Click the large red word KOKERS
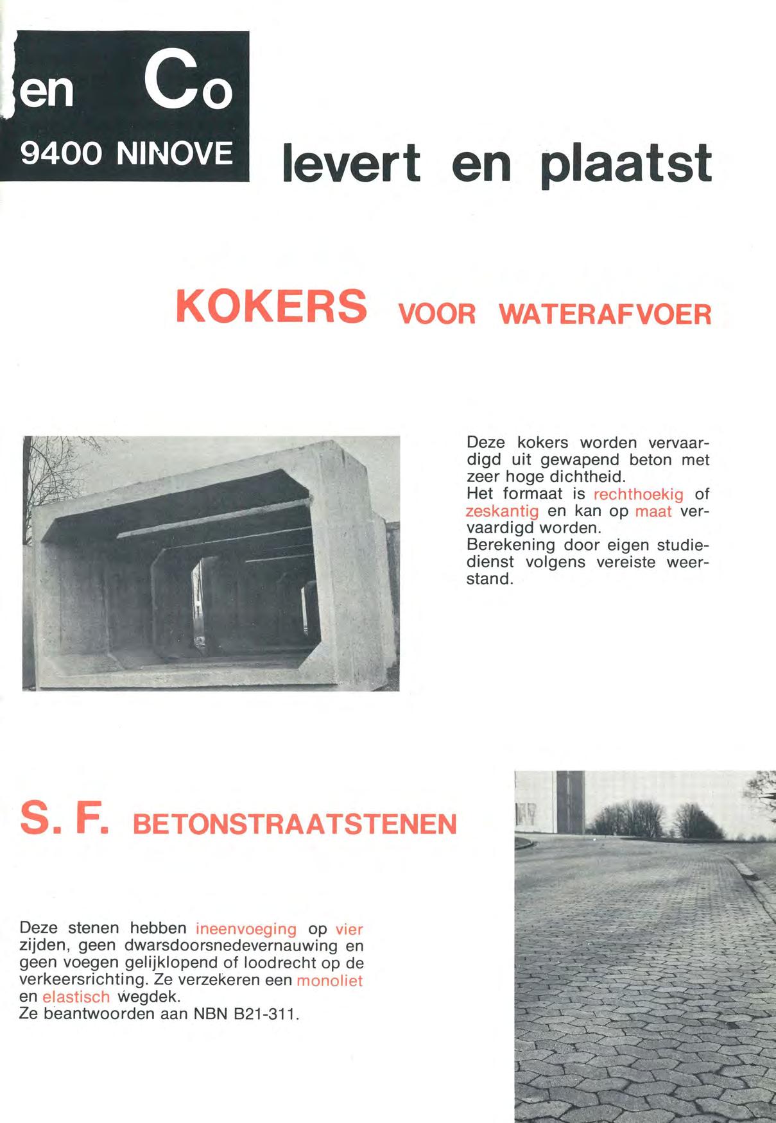(272, 307)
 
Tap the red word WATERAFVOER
(605, 314)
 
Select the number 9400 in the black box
(62, 154)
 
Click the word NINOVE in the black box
(175, 154)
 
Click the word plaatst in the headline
(626, 164)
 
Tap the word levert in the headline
(352, 163)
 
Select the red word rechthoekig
(638, 495)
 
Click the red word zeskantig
(502, 511)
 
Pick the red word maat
(653, 511)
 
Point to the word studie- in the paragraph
(683, 545)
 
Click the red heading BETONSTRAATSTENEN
(295, 825)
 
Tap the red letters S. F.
(64, 818)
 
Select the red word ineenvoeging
(246, 929)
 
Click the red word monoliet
(329, 981)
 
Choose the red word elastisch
(76, 998)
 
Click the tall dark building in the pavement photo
(570, 802)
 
